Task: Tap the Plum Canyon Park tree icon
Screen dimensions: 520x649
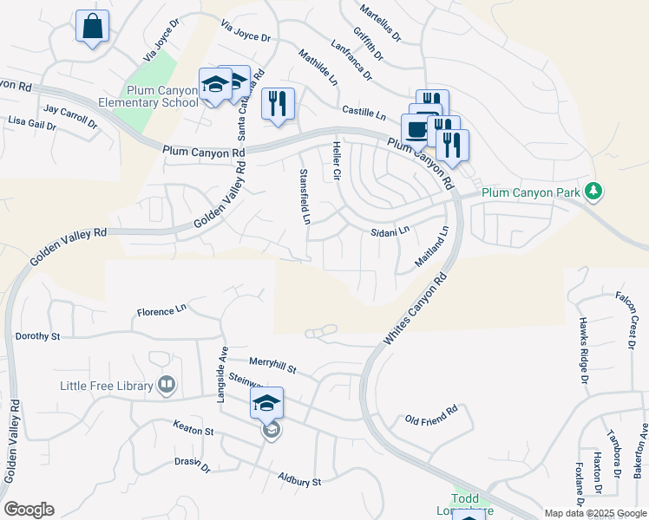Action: click(x=593, y=190)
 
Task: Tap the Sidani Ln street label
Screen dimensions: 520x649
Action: click(x=389, y=231)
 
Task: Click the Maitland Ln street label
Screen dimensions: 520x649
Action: click(x=435, y=246)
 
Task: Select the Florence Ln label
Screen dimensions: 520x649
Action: click(x=162, y=309)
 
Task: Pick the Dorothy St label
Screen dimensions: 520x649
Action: click(x=37, y=335)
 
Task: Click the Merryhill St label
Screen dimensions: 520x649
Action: click(x=272, y=367)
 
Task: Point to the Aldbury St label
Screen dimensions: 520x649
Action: click(x=299, y=479)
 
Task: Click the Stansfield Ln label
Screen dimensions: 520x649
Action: click(x=305, y=198)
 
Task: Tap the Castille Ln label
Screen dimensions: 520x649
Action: click(x=364, y=113)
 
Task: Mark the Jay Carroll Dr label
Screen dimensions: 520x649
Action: click(x=70, y=115)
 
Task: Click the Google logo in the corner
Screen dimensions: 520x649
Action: click(x=29, y=510)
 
